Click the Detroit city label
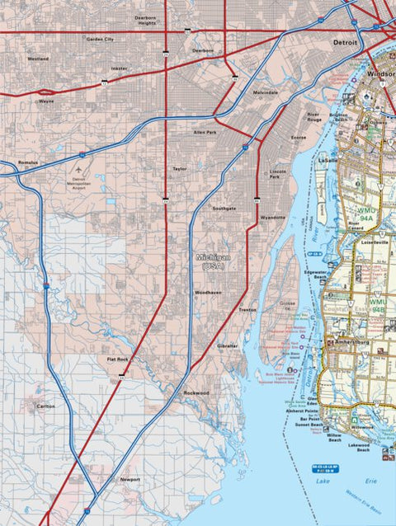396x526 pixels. tap(345, 41)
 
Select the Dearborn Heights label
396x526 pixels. tap(147, 21)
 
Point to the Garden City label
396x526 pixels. tap(100, 39)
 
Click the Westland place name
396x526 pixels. tap(38, 59)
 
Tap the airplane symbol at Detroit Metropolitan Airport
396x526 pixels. tap(78, 173)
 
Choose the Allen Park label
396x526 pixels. tap(205, 132)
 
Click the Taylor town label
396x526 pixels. tap(180, 169)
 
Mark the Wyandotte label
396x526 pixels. tap(272, 217)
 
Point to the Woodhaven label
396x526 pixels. tap(208, 293)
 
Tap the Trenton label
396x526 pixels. tap(247, 309)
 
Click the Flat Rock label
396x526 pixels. tap(118, 359)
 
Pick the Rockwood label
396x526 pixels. tap(196, 393)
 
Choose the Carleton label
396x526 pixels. tap(45, 406)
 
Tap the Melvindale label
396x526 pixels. tap(266, 92)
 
